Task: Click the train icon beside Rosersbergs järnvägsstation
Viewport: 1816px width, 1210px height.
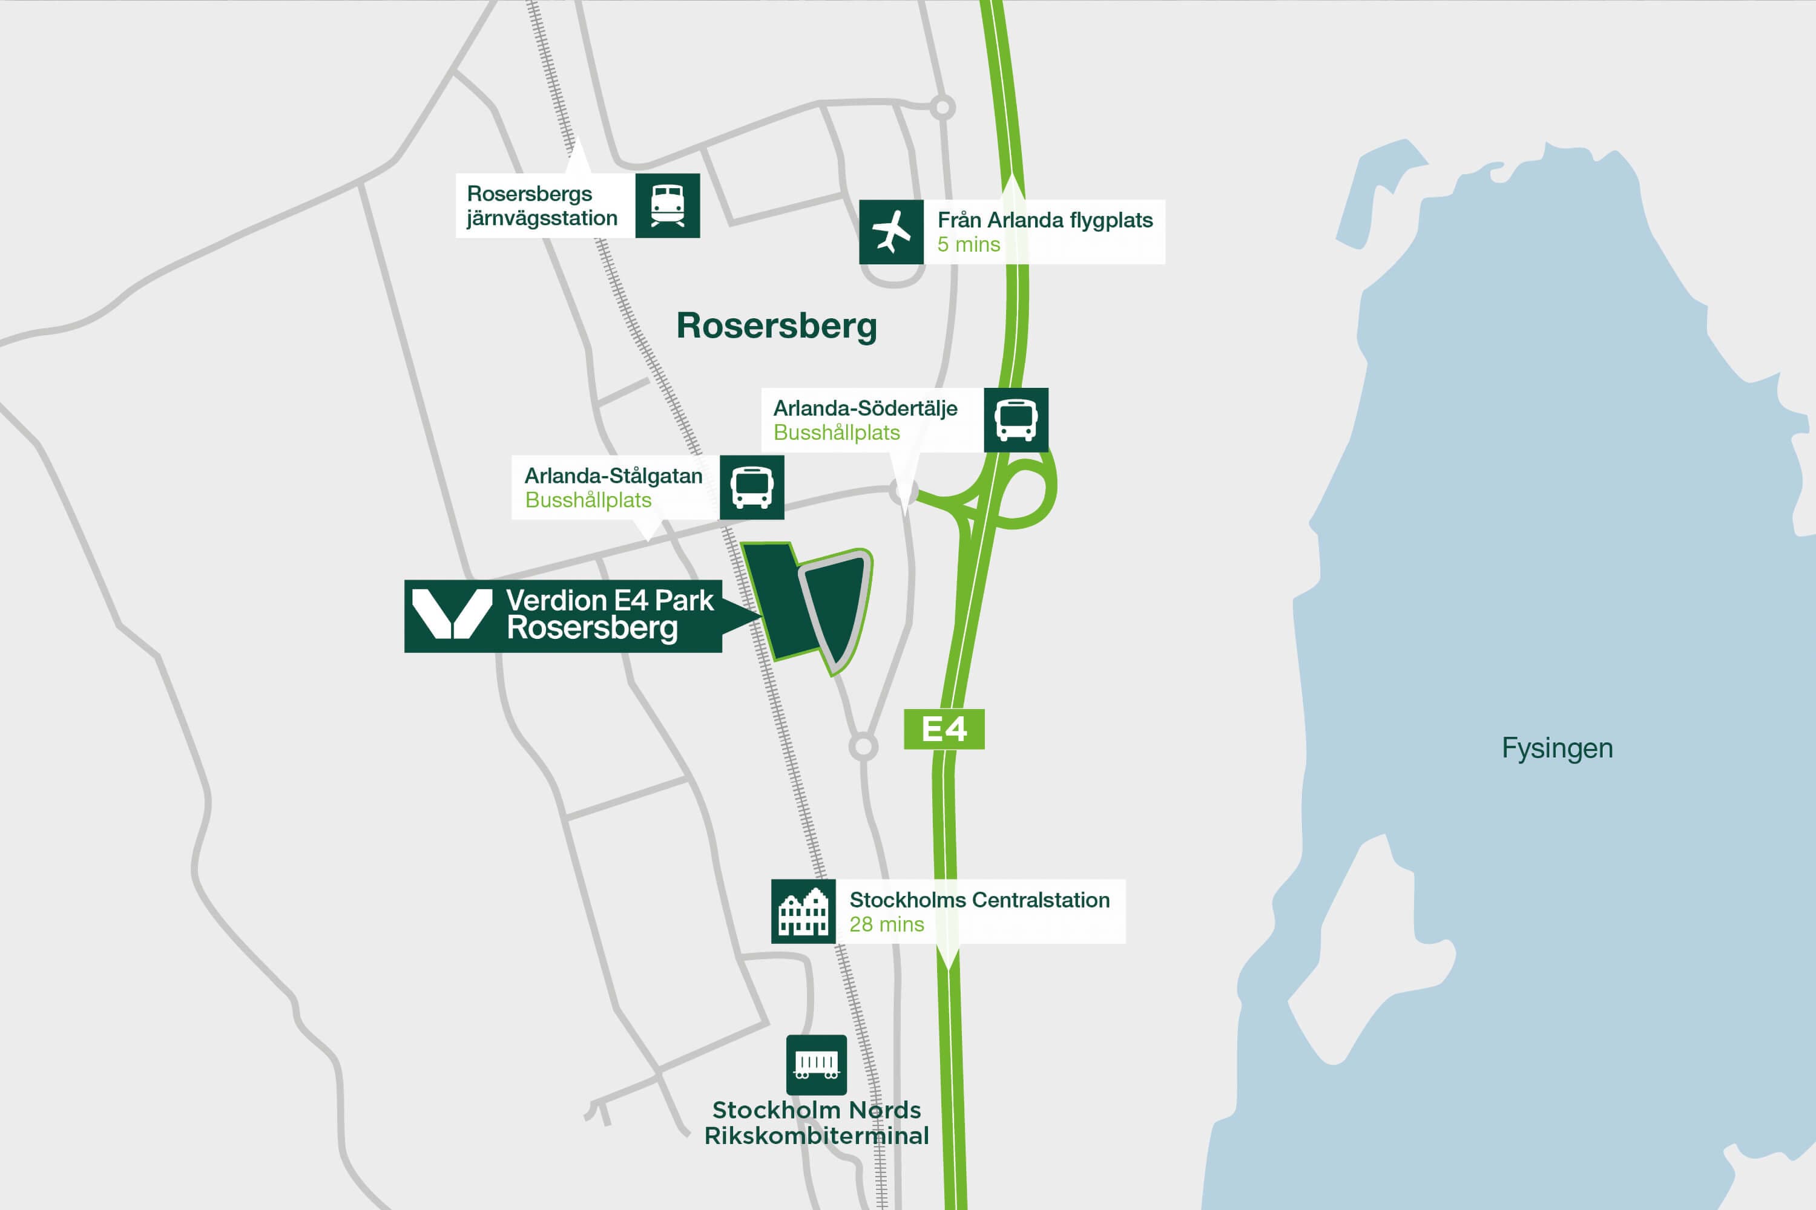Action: (x=667, y=205)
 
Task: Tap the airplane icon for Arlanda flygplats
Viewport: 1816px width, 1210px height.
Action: (x=891, y=232)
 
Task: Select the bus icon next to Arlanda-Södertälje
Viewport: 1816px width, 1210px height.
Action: (x=1015, y=420)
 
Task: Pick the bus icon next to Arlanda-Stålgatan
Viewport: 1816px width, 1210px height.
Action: (x=751, y=487)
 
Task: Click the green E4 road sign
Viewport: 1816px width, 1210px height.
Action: (x=944, y=729)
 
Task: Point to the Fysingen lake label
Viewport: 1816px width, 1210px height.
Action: (x=1556, y=748)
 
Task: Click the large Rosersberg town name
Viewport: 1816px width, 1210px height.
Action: (x=776, y=325)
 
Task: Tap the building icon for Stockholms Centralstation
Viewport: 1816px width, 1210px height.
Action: (x=803, y=911)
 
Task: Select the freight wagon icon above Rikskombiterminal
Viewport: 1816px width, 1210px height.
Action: (x=816, y=1065)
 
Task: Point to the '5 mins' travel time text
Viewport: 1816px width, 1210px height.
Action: (x=968, y=244)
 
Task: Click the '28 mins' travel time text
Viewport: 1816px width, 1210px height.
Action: (x=886, y=924)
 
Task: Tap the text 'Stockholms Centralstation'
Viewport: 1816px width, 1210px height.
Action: (x=979, y=900)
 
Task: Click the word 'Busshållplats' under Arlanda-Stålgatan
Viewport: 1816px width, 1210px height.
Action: (x=588, y=500)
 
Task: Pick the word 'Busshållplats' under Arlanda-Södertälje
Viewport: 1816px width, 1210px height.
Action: (x=836, y=433)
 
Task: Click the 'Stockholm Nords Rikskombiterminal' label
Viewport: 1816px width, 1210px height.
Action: (x=816, y=1123)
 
